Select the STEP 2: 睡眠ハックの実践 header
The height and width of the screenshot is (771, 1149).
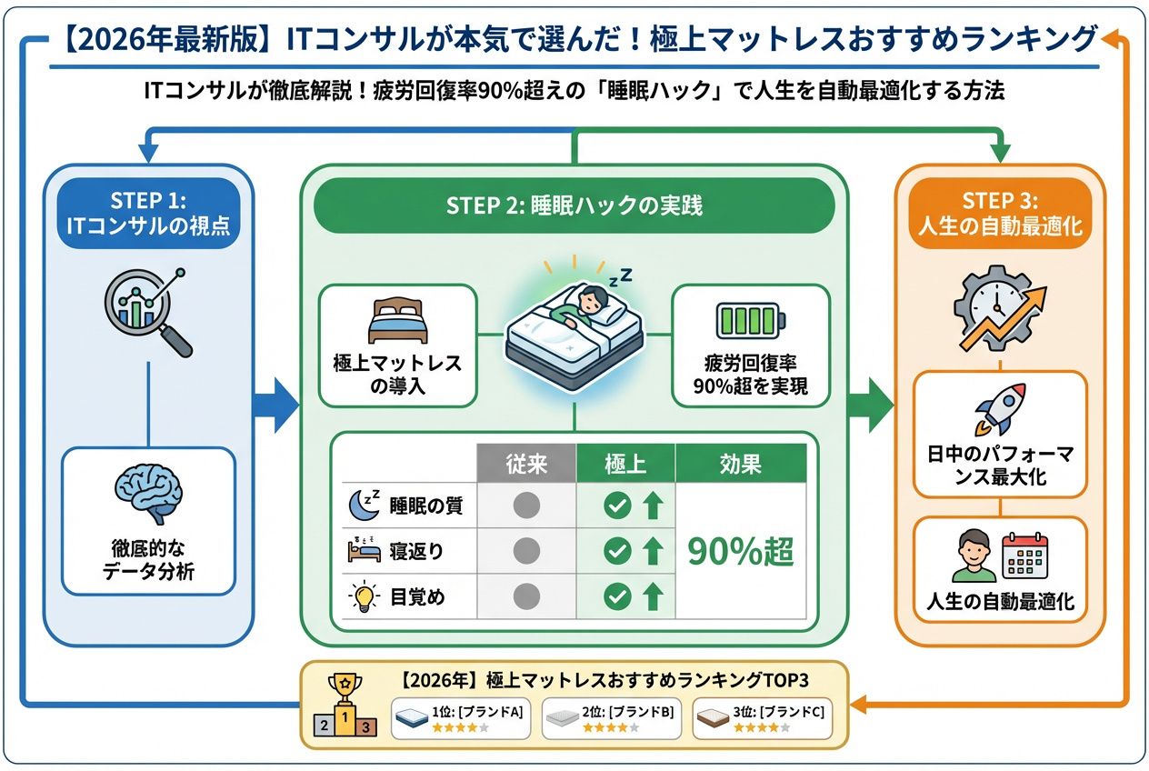coord(574,205)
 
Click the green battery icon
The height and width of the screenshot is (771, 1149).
coord(750,323)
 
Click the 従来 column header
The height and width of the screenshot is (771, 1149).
coord(526,463)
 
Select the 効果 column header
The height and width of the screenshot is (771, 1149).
coord(741,463)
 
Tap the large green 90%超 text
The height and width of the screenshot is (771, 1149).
coord(741,551)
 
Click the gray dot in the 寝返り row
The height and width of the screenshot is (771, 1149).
coord(526,551)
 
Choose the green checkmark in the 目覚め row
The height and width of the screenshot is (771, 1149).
coord(617,597)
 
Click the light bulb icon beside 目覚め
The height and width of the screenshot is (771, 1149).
coord(362,597)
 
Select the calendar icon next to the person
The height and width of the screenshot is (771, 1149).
coord(1025,556)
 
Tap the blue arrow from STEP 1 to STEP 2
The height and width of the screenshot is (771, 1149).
coord(275,401)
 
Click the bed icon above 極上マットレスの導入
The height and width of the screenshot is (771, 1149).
coord(397,322)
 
